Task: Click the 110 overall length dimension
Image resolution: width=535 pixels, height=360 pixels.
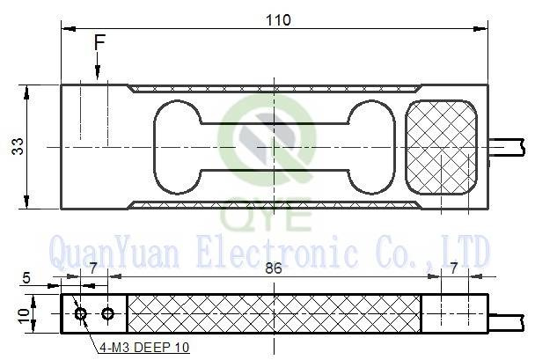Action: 278,20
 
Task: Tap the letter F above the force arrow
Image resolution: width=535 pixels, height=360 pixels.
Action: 99,42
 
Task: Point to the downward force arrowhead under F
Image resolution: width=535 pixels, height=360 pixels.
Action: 98,73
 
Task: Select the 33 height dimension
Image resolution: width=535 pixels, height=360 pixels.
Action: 18,146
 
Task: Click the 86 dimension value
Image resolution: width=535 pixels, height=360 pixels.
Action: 274,268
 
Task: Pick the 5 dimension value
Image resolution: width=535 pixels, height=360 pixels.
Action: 26,278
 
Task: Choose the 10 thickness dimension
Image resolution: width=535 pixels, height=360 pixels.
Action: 24,316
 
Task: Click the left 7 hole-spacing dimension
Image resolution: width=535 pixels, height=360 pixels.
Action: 94,268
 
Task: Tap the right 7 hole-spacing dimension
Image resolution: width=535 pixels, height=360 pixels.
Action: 453,268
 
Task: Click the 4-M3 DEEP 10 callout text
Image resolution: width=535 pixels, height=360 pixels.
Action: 144,348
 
